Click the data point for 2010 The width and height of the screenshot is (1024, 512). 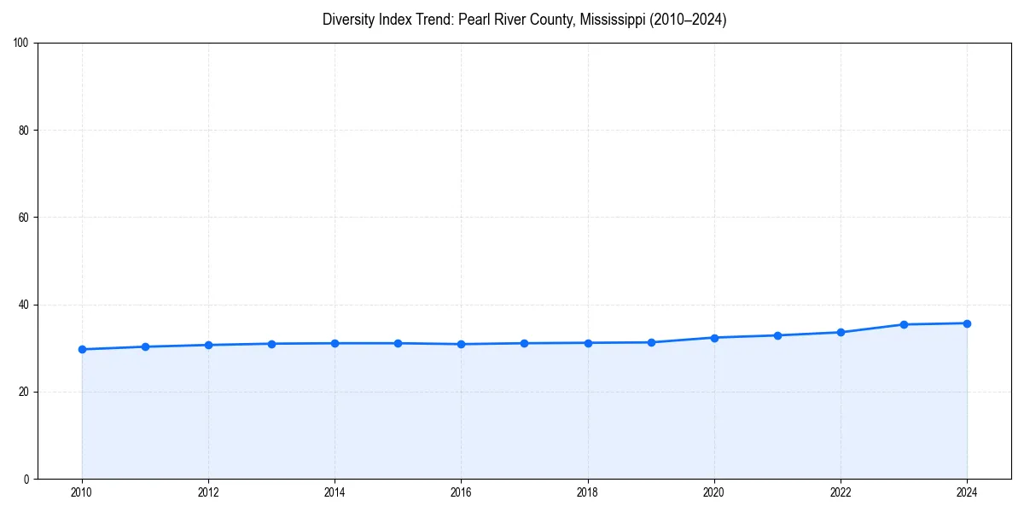click(x=82, y=349)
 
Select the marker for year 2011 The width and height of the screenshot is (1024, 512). click(x=145, y=346)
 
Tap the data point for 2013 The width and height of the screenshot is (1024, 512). click(x=271, y=344)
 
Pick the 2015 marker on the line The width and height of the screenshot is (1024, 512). click(x=398, y=343)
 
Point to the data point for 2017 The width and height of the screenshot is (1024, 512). click(x=524, y=343)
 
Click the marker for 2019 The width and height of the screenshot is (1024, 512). click(x=651, y=342)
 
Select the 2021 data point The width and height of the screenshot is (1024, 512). click(x=777, y=335)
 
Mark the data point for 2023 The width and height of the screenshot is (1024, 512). click(x=904, y=324)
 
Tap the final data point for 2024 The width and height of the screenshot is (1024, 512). click(x=967, y=323)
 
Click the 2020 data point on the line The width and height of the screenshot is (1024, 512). click(x=714, y=338)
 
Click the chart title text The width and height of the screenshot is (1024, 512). click(x=524, y=20)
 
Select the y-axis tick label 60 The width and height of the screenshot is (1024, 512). click(x=24, y=218)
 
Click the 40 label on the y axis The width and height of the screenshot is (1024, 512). click(x=24, y=305)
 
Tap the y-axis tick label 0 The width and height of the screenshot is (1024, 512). click(x=26, y=479)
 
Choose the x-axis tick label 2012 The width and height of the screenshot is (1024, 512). click(x=208, y=492)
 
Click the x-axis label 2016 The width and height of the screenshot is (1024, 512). click(x=461, y=492)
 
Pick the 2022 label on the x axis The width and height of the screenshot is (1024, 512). click(x=841, y=492)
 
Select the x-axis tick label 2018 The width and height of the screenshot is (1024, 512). click(x=587, y=492)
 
